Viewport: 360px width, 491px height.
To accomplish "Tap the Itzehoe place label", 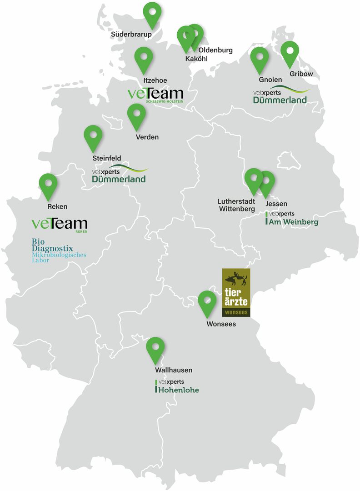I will (x=155, y=80).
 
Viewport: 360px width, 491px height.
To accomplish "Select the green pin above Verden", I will (x=136, y=115).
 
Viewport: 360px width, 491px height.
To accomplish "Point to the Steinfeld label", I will (x=106, y=158).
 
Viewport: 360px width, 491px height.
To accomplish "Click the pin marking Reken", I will (x=48, y=184).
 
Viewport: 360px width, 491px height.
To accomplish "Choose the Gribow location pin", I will (x=290, y=52).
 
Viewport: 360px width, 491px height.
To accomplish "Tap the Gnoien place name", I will (x=270, y=80).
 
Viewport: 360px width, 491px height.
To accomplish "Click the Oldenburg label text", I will (x=215, y=50).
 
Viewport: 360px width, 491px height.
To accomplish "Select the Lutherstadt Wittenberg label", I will (x=236, y=205).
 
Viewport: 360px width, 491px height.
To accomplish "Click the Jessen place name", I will (x=276, y=204).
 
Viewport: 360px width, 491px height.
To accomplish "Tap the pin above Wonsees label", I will (x=207, y=302).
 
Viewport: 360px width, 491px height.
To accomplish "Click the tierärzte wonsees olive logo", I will (x=235, y=292).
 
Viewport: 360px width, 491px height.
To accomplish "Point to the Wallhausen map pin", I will (x=155, y=348).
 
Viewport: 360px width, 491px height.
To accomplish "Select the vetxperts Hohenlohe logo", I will (x=177, y=386).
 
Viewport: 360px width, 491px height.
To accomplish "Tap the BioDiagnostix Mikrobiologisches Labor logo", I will (x=59, y=251).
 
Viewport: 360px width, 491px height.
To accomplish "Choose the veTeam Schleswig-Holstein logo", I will (x=155, y=95).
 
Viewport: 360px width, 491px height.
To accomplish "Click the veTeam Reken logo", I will (x=60, y=225).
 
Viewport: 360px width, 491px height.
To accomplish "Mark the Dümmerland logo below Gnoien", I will (x=280, y=95).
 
